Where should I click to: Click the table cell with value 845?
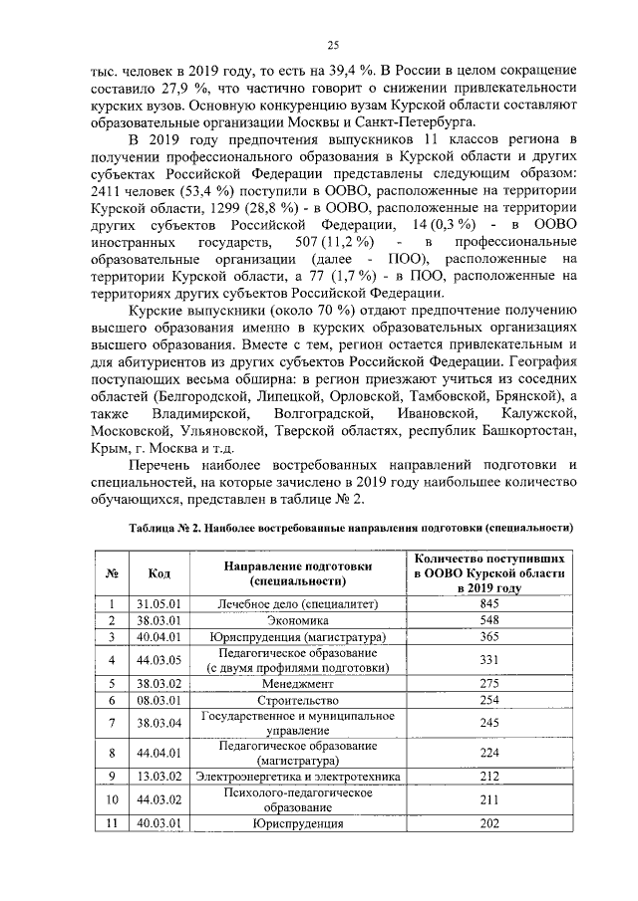coord(488,603)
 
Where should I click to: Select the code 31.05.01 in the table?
coord(158,603)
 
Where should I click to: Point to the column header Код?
coord(159,572)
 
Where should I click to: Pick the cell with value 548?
coord(488,620)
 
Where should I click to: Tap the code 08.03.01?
coord(158,700)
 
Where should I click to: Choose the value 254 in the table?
coord(488,700)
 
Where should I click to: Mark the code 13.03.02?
coord(158,776)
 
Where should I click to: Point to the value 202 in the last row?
coord(488,823)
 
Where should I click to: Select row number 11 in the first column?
coord(113,823)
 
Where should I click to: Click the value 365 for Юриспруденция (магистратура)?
coord(488,636)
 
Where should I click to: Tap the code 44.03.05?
coord(158,660)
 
